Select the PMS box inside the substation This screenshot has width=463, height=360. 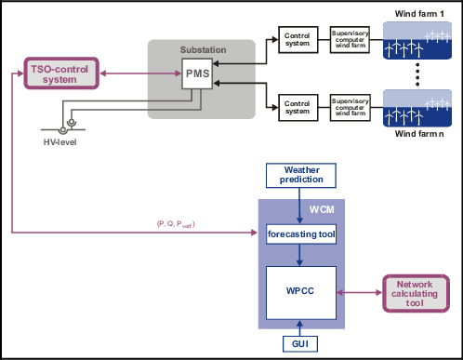click(199, 75)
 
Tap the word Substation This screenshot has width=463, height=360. click(200, 49)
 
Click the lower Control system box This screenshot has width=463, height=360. click(298, 107)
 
